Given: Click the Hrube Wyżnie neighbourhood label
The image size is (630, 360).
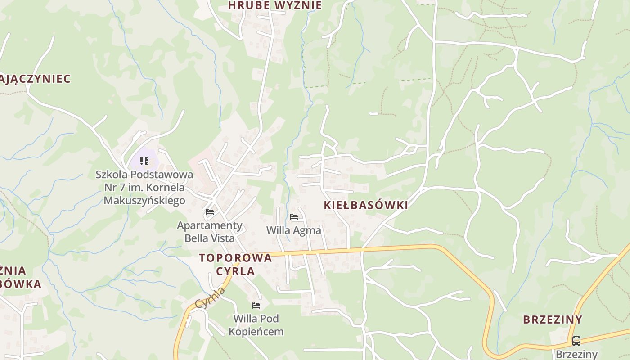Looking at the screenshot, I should [275, 5].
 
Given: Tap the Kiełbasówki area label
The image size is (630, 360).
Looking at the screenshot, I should [366, 206].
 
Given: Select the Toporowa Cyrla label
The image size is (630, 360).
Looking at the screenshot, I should [235, 264].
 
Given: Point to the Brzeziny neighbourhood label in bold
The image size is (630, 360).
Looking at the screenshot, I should [553, 320].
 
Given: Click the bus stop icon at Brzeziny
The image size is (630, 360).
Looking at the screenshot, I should [576, 341].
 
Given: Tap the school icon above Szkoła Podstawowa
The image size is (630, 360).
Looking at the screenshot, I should [144, 161].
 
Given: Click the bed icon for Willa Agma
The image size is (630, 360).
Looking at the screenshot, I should [294, 217].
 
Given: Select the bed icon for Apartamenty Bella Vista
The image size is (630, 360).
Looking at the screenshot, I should [210, 211].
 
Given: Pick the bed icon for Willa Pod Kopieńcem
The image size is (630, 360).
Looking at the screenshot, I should [256, 306].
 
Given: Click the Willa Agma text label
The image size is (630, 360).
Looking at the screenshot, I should [294, 230].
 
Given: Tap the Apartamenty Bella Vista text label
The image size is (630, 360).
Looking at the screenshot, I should [210, 231].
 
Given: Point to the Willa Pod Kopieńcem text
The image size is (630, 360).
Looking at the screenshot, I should [256, 325].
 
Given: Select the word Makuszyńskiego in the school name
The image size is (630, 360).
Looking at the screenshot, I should [144, 200].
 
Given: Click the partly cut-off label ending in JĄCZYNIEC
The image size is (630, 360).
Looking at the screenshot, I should [35, 79].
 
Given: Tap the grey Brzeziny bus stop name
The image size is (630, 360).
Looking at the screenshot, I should [576, 354].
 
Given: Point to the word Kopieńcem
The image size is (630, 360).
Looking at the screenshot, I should [256, 332].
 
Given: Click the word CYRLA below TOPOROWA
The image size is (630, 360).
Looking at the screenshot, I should [235, 271].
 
